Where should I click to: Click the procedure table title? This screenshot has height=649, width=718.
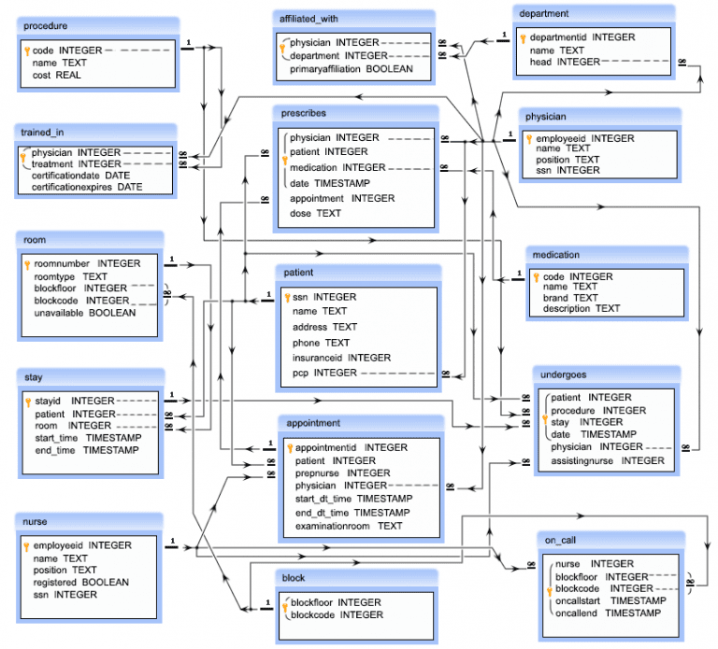[46, 25]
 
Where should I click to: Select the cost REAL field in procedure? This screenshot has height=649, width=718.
[56, 75]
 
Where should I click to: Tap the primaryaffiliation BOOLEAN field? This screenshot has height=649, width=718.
[351, 69]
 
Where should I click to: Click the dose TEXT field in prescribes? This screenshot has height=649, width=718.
[315, 213]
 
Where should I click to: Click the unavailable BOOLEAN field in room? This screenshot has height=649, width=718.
[85, 313]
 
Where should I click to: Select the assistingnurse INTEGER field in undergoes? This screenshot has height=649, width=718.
[608, 460]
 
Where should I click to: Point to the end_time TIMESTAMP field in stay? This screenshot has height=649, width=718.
[87, 450]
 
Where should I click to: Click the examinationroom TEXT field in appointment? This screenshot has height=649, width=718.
[349, 526]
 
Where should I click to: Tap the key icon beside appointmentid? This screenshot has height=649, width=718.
[290, 448]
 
